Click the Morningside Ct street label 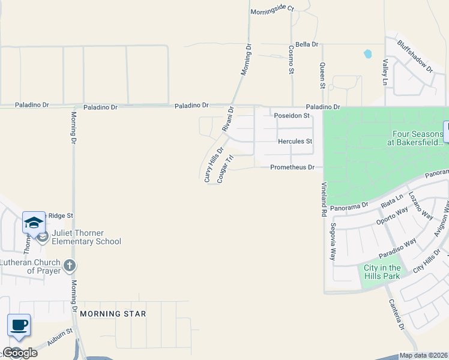click(x=272, y=9)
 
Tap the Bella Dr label click(x=306, y=44)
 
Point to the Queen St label click(x=322, y=76)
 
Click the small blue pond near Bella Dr click(x=367, y=54)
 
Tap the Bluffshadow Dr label click(x=415, y=56)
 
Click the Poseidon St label click(x=291, y=115)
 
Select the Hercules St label click(x=295, y=142)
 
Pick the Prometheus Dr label click(x=292, y=167)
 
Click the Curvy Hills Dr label click(x=214, y=164)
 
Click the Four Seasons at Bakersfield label click(x=418, y=140)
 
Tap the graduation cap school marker click(x=34, y=223)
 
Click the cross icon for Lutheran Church click(x=70, y=265)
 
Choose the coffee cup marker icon click(x=19, y=325)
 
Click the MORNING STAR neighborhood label click(x=113, y=314)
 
